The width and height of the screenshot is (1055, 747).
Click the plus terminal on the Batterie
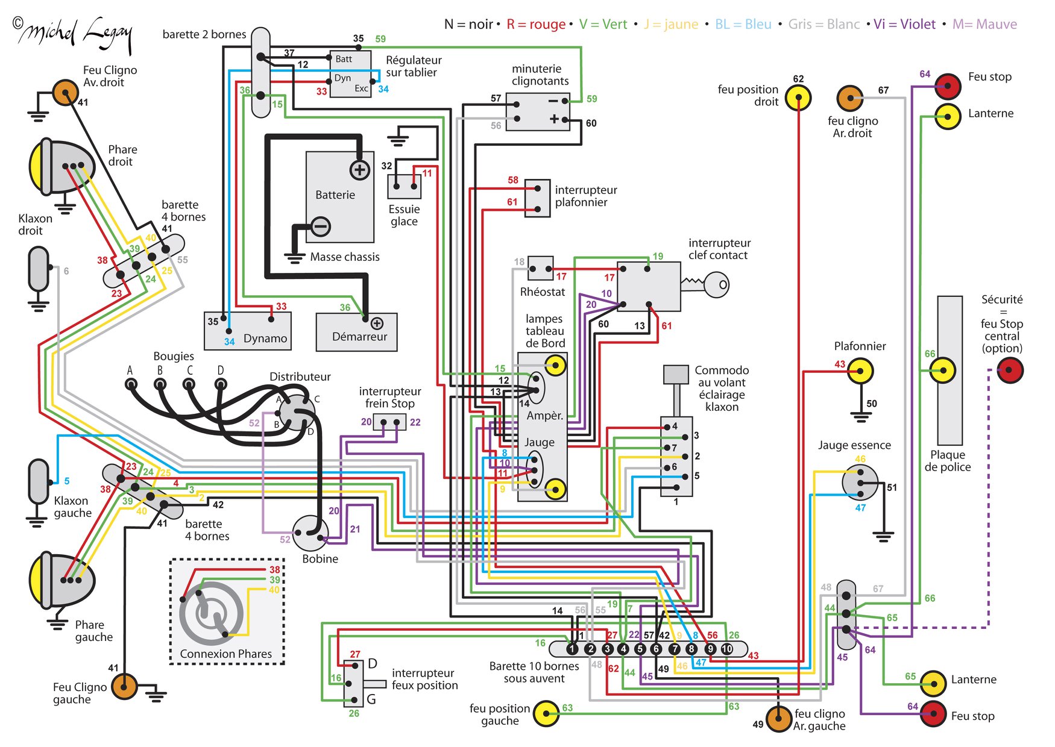[360, 170]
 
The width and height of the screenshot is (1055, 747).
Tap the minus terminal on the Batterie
[321, 227]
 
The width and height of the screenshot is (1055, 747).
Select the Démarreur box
[357, 332]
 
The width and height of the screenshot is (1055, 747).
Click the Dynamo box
[248, 331]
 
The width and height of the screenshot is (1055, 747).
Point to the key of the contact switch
[707, 284]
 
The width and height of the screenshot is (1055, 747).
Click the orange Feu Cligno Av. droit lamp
[65, 93]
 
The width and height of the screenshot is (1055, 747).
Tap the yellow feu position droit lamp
[798, 97]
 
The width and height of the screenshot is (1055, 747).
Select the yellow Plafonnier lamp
[860, 371]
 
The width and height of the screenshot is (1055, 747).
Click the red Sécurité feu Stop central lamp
[1010, 370]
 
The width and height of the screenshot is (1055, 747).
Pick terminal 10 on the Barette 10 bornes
[727, 649]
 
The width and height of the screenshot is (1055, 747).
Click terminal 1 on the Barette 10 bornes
[572, 649]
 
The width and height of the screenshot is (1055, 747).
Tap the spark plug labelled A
[131, 384]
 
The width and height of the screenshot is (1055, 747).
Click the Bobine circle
[311, 533]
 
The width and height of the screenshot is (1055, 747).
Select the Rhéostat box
[541, 268]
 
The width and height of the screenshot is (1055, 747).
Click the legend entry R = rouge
[536, 25]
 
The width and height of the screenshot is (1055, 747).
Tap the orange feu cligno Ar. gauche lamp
[778, 719]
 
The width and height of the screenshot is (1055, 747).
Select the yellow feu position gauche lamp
[546, 714]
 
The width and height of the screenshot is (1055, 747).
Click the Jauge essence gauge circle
[860, 483]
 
